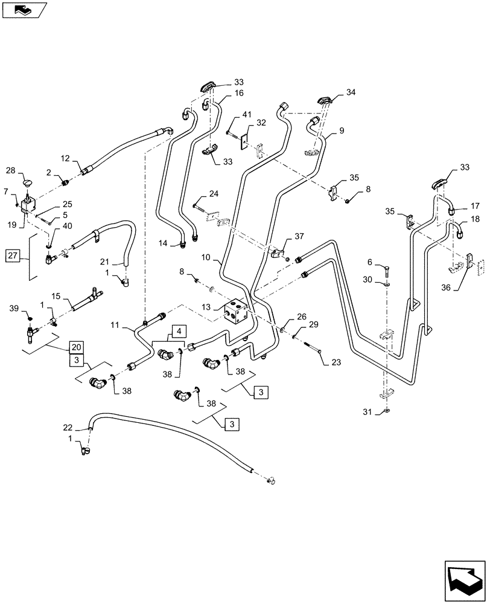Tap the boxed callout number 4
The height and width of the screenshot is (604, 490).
[x=178, y=331]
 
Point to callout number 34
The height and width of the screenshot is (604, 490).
[x=351, y=92]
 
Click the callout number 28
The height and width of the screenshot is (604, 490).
[x=11, y=170]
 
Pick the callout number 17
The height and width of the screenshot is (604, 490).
[x=476, y=205]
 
